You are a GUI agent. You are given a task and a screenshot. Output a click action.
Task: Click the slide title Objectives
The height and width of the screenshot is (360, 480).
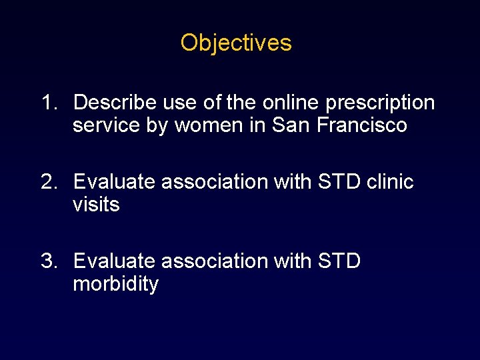pos(236,43)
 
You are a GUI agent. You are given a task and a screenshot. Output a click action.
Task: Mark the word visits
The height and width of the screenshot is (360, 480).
pos(96,205)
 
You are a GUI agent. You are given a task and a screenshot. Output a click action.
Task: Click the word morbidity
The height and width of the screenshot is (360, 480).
pos(115,285)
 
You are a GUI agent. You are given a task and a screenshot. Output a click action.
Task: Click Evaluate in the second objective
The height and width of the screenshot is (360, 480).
pos(115,181)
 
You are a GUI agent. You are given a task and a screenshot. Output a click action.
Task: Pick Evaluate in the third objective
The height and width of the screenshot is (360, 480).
pos(115,261)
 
